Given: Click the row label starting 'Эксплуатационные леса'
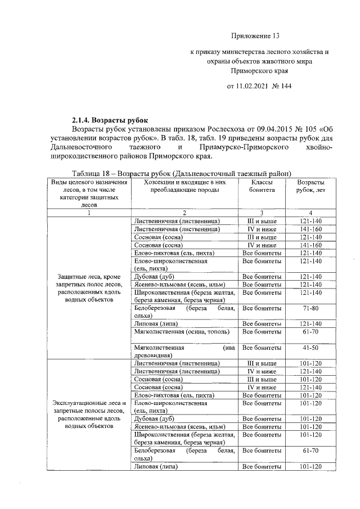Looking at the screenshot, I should click(89, 414).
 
